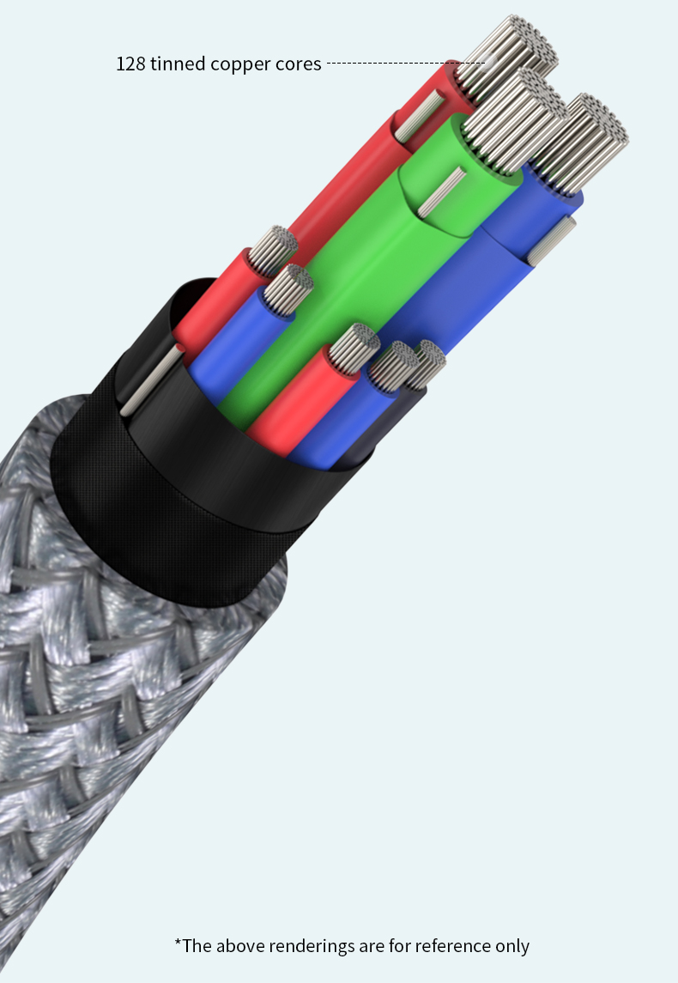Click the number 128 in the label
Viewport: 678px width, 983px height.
pos(130,64)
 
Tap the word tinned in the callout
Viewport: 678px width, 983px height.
pos(178,64)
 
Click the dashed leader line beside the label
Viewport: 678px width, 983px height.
pos(406,63)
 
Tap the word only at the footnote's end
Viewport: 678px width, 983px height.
pos(512,946)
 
